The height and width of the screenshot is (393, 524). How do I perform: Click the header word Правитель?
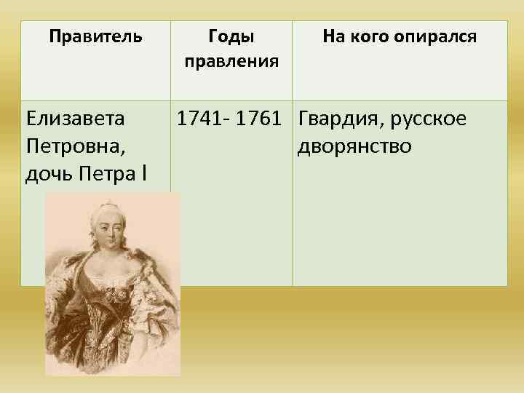tap(95, 36)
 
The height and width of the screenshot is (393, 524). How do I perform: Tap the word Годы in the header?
tap(231, 36)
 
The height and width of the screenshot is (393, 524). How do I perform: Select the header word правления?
tap(231, 60)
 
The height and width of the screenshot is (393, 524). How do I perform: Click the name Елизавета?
tap(74, 118)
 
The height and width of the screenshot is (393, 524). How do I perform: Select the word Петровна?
tap(74, 146)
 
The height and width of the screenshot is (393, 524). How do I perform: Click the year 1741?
tap(199, 118)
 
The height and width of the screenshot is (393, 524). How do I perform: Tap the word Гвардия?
tap(338, 118)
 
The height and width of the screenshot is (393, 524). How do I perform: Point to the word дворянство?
tap(355, 146)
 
